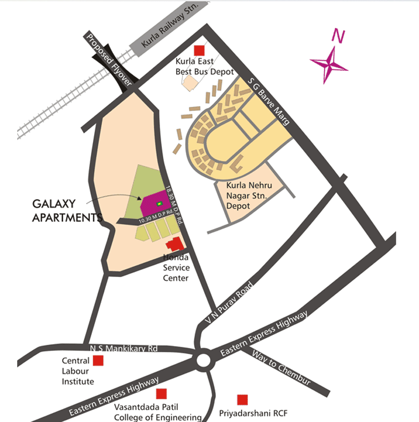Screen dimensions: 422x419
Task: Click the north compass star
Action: click(x=329, y=64)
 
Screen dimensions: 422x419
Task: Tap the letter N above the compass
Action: click(x=337, y=36)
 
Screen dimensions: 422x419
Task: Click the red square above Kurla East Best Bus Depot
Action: click(x=199, y=50)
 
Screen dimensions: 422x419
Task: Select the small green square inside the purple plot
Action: click(x=159, y=203)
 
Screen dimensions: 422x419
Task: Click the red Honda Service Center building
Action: click(x=174, y=244)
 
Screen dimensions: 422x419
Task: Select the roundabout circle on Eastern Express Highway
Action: click(x=204, y=359)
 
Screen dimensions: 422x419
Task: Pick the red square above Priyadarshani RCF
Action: click(x=242, y=399)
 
